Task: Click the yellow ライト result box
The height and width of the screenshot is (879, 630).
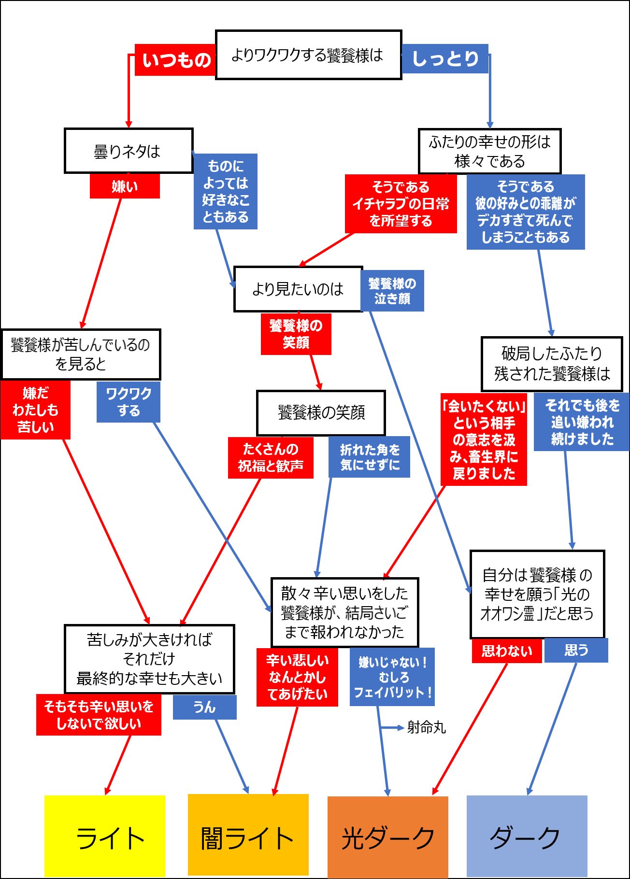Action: (105, 836)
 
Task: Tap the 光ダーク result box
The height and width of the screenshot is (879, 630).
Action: (387, 836)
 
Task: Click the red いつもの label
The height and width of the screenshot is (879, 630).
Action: (175, 60)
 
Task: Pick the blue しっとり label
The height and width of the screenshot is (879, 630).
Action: (445, 59)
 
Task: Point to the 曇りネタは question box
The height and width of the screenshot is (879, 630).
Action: (129, 151)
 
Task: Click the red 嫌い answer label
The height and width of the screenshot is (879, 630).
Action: (125, 186)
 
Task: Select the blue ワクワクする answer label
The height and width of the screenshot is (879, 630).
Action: (129, 402)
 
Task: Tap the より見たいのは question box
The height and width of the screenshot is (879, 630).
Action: (298, 289)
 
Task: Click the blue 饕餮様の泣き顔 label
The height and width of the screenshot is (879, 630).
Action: (392, 291)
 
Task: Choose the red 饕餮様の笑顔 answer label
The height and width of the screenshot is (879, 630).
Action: (296, 334)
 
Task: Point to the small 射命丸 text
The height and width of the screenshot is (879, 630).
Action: (426, 727)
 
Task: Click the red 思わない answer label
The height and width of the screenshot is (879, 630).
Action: (507, 651)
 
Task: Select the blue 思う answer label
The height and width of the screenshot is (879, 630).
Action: (576, 650)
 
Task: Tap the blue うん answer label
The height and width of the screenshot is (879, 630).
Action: (204, 708)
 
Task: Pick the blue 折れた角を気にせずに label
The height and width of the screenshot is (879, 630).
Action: (370, 457)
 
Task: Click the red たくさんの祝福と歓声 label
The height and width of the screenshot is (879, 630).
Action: (271, 457)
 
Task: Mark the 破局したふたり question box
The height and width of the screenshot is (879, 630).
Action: (552, 364)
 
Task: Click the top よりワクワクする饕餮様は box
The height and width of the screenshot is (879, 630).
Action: (308, 55)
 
